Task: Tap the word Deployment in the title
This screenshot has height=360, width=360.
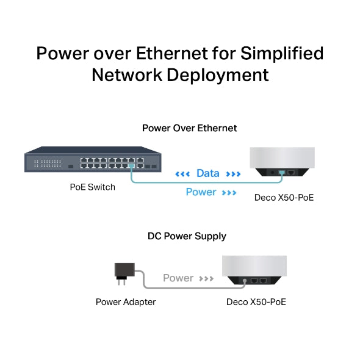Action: [x=214, y=75]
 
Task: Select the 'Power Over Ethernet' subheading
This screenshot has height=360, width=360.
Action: [x=189, y=128]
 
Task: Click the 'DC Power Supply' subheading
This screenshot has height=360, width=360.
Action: [x=187, y=236]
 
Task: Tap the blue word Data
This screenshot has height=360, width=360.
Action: [x=207, y=173]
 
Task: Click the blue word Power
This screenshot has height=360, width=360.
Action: [x=201, y=192]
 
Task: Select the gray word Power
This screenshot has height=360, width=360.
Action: [x=178, y=278]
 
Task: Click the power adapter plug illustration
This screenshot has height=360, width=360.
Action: [x=124, y=273]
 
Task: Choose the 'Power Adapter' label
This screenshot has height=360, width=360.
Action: [x=126, y=301]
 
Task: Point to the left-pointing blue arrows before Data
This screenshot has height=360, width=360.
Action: [x=182, y=174]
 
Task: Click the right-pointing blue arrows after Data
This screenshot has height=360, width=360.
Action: [x=234, y=174]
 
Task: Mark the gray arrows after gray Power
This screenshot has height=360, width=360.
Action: [x=206, y=279]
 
